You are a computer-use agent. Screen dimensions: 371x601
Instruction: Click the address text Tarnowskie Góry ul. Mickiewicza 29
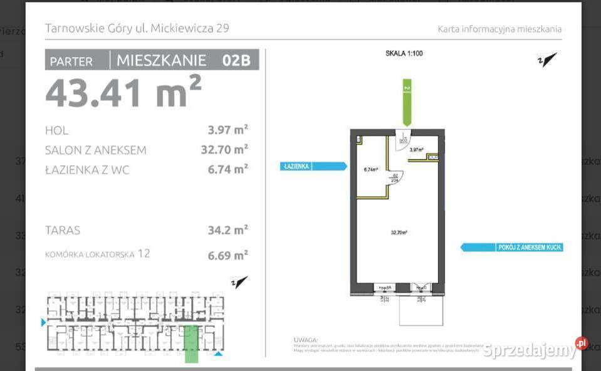tap(137, 28)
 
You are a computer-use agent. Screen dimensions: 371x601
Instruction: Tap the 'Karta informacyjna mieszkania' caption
tap(499, 29)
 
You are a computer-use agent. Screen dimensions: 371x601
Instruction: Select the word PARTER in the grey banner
tap(71, 61)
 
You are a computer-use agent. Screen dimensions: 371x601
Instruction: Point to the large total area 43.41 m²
tap(123, 91)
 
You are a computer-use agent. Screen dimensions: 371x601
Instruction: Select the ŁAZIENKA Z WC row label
tap(87, 169)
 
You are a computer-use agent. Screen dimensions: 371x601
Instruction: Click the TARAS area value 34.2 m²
tap(227, 230)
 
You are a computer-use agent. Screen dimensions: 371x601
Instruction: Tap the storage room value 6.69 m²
tap(227, 255)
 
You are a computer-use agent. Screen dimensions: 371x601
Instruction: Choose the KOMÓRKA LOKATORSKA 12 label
tap(98, 254)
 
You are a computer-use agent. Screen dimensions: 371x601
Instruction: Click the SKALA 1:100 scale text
tap(404, 53)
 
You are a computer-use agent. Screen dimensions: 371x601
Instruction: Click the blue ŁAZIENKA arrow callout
tap(313, 166)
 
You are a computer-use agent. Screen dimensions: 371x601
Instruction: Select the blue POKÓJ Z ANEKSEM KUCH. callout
tap(512, 247)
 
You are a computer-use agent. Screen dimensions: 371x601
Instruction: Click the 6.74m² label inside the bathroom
tap(371, 169)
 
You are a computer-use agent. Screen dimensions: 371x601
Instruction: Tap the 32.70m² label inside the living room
tap(399, 232)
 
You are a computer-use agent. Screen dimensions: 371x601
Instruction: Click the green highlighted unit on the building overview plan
tap(191, 344)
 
